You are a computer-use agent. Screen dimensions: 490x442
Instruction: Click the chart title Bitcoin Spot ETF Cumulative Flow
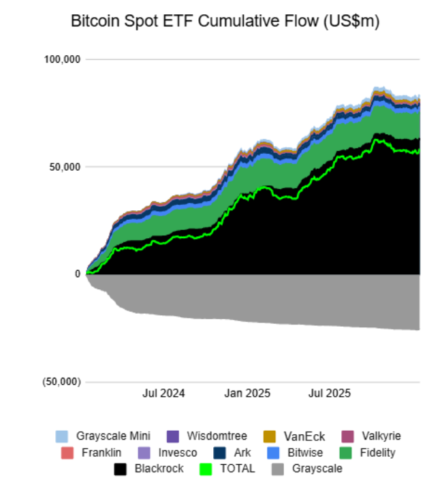tap(225, 22)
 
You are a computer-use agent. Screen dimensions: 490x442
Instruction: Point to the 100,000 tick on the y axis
tap(63, 59)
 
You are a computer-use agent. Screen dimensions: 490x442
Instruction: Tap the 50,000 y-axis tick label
tap(65, 167)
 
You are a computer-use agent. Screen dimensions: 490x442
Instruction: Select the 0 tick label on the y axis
tap(77, 274)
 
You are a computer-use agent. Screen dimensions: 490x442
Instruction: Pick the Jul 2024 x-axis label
tap(163, 393)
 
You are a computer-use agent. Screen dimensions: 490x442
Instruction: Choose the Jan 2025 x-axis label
tap(247, 393)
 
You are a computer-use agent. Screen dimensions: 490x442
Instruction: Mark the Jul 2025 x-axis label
tap(330, 393)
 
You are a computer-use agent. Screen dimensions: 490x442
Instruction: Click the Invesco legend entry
tap(177, 453)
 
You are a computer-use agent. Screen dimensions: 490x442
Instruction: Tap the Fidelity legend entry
tap(374, 453)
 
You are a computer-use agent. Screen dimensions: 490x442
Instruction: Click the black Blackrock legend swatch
tap(120, 469)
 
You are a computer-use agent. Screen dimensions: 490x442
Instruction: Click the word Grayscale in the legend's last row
tap(317, 469)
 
